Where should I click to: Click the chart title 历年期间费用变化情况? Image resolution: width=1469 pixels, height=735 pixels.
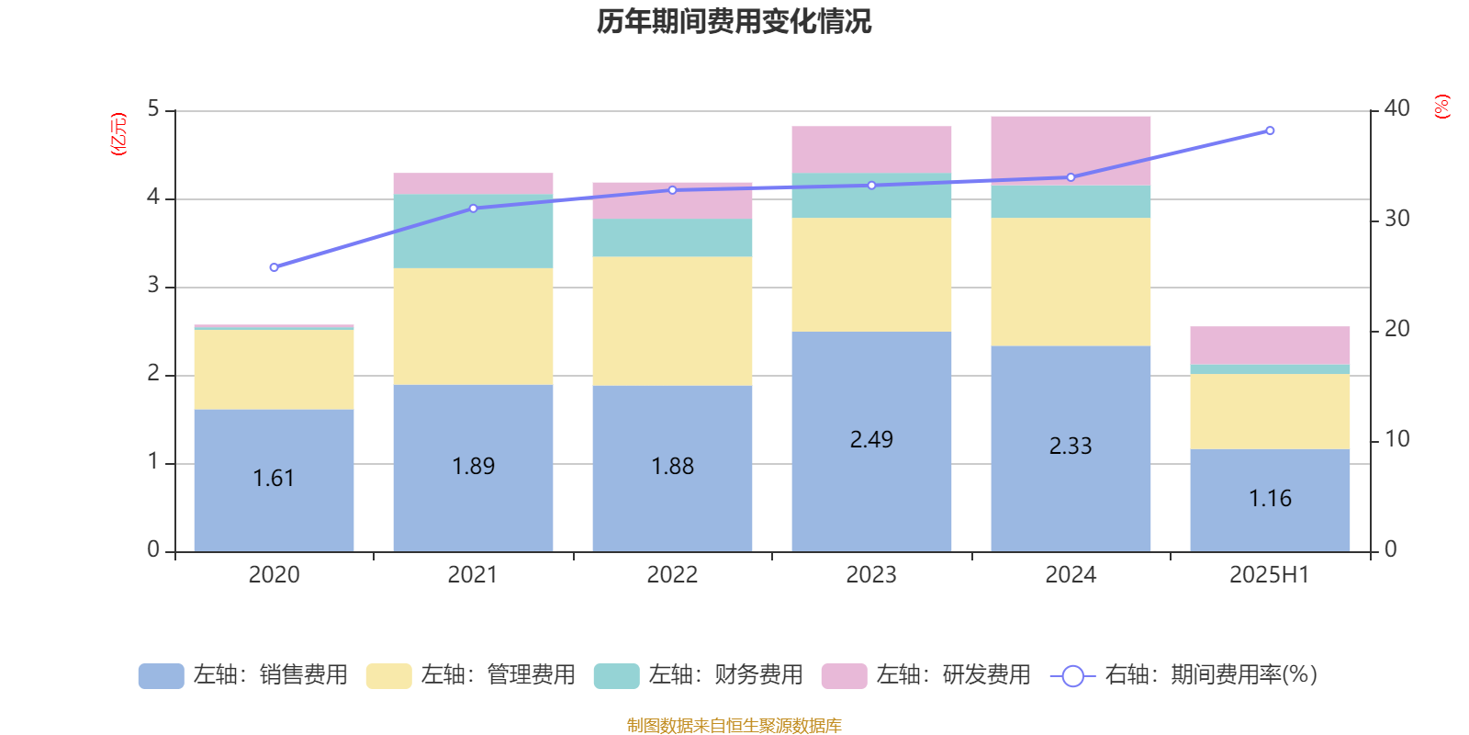[x=734, y=21]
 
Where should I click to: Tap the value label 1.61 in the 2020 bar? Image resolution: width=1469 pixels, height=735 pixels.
[x=274, y=479]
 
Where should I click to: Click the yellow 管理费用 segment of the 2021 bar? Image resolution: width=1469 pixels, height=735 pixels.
[x=473, y=326]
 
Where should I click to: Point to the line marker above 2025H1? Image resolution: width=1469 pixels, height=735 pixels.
[x=1270, y=130]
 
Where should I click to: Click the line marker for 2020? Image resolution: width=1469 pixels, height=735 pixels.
[x=274, y=267]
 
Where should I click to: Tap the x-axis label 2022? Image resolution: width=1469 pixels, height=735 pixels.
[x=672, y=575]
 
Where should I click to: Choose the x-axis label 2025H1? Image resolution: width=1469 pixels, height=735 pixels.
[x=1270, y=575]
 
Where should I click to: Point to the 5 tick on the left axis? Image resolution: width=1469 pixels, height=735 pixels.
[x=153, y=109]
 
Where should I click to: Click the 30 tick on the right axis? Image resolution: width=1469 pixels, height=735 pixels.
[x=1396, y=219]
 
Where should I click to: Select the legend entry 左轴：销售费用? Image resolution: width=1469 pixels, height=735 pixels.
[x=243, y=675]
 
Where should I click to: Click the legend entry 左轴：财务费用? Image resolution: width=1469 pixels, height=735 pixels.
[x=699, y=675]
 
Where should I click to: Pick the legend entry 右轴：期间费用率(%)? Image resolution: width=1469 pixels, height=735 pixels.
[x=1184, y=675]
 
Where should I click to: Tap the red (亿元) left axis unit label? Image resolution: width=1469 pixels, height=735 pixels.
[x=118, y=134]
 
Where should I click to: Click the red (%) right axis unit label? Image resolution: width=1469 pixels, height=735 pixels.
[x=1441, y=107]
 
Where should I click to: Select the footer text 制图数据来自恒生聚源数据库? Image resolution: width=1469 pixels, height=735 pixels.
[x=734, y=726]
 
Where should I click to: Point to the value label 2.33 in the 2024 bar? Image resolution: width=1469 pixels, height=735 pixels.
[x=1071, y=447]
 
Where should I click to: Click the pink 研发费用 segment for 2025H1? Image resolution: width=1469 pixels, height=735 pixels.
[x=1270, y=345]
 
